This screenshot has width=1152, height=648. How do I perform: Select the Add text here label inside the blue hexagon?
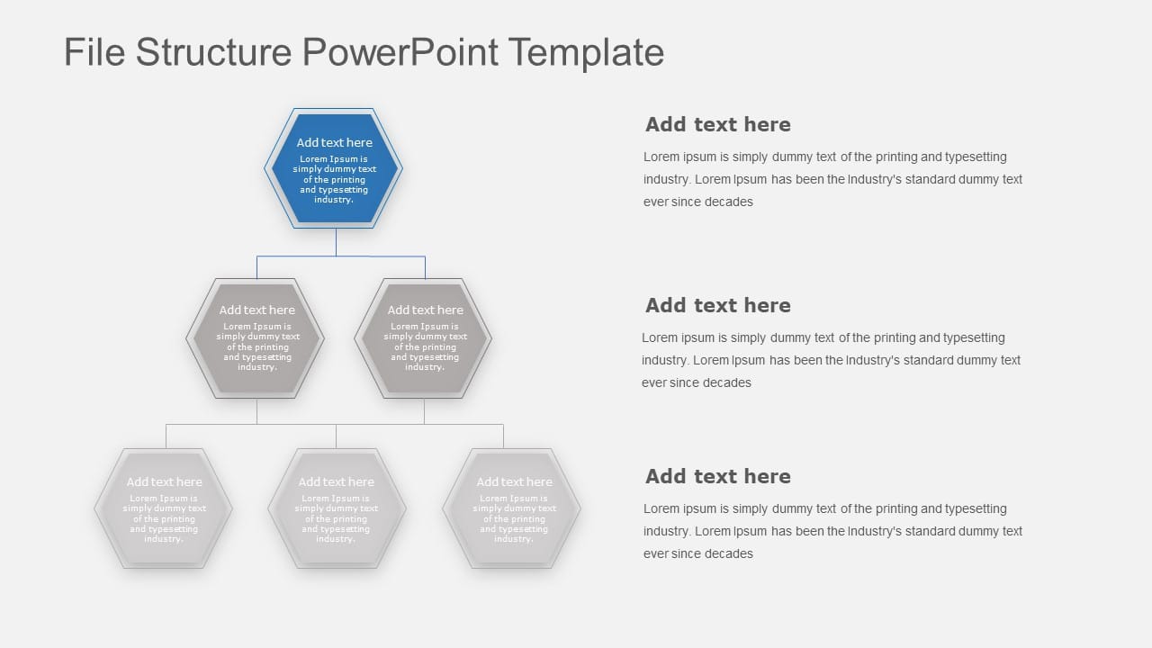tap(334, 142)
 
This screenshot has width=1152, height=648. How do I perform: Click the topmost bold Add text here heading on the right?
tap(717, 124)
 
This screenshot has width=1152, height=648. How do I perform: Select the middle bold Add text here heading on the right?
tap(717, 305)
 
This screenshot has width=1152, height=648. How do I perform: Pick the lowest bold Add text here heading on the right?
tap(717, 476)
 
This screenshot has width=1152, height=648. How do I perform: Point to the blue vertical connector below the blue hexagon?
tap(336, 242)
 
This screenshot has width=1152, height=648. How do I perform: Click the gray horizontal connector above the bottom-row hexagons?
tap(335, 424)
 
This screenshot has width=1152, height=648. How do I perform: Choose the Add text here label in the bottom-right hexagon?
tap(514, 481)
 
